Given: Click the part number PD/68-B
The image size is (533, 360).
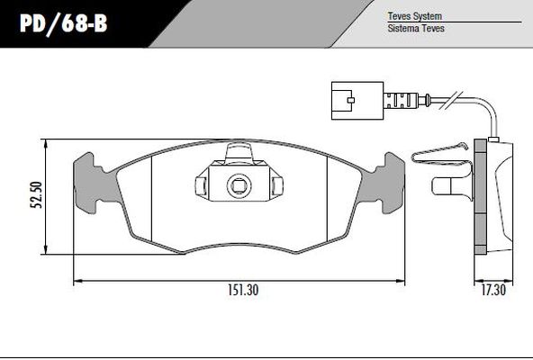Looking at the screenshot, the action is coord(64,23).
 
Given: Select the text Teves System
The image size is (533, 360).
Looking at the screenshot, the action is coord(415,16).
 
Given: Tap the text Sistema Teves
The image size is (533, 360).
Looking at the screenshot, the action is coord(416,28).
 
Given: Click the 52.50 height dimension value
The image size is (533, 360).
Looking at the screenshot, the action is coord(36,195).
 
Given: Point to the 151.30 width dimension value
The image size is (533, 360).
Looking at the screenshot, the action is coord(243,290).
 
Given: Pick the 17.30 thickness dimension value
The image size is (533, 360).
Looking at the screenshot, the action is coord(493,290).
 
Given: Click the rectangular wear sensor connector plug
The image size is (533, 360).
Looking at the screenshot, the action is coord(357,101).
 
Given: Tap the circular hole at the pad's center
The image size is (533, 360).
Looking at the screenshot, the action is coord(239,185).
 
